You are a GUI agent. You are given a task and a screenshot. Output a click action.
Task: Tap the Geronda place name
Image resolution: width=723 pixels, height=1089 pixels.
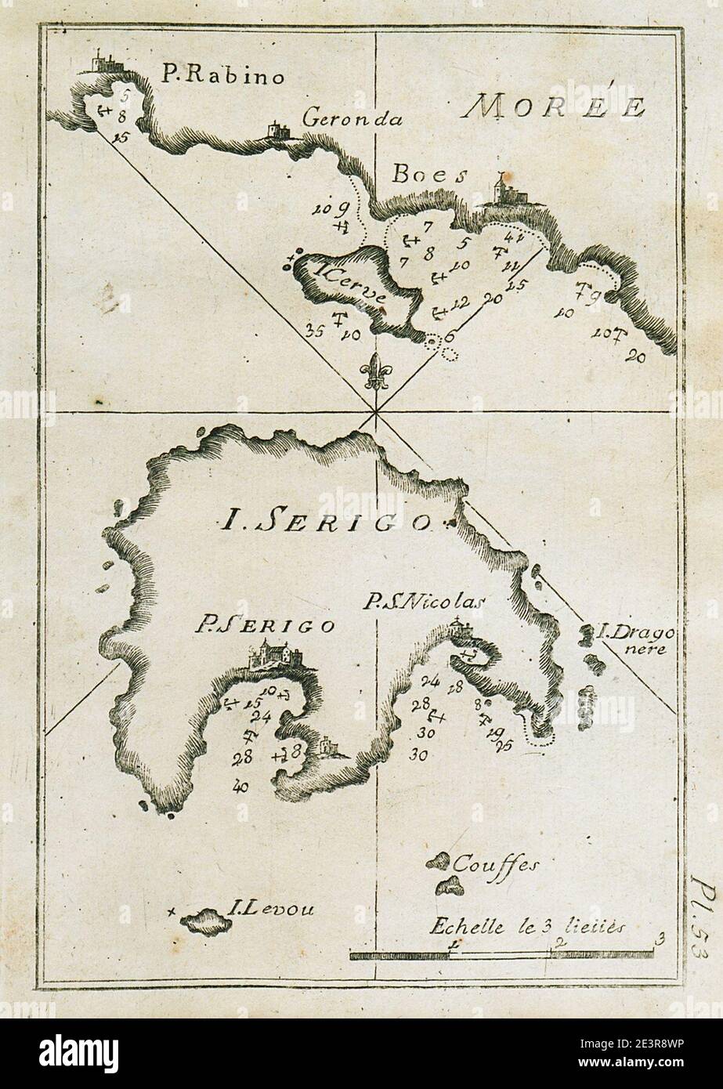click(x=352, y=120)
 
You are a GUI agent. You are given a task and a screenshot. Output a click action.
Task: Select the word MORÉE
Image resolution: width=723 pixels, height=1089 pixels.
click(x=553, y=108)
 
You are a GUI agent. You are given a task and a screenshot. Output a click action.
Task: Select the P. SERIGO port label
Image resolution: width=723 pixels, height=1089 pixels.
click(x=265, y=624)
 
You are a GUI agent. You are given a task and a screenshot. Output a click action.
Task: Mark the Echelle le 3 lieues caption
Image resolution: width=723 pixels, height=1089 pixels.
click(x=525, y=925)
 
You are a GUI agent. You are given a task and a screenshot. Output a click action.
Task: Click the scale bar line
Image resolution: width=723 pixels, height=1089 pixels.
click(x=501, y=953)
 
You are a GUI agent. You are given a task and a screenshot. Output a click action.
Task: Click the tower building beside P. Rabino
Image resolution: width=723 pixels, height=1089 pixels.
click(x=101, y=62)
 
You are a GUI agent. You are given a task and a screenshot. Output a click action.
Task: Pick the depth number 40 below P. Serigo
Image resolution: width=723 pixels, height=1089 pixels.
click(x=240, y=786)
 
